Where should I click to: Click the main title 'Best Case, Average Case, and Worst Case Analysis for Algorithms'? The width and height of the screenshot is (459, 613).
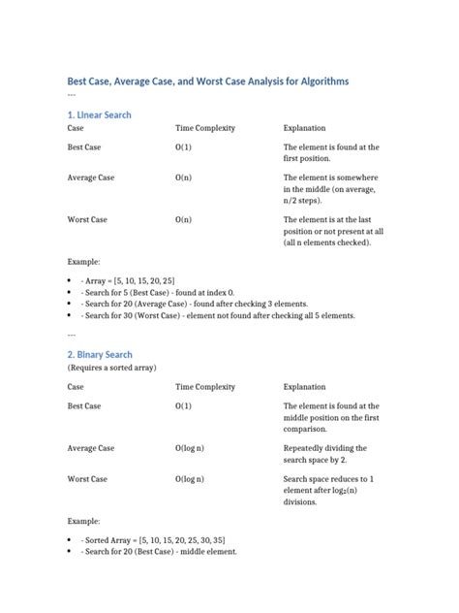click(207, 81)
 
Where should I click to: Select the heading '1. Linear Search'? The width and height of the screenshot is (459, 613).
click(99, 114)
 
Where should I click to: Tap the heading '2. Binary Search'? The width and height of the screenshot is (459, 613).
click(100, 355)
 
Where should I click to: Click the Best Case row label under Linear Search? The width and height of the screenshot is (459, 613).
click(87, 147)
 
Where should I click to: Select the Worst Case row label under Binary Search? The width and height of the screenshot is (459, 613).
click(87, 479)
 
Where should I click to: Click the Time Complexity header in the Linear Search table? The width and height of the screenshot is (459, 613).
click(205, 128)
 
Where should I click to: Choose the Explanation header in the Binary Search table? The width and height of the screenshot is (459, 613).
click(304, 387)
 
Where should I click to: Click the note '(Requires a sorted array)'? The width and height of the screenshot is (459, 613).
click(111, 369)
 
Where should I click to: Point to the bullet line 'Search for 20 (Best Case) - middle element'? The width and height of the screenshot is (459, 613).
click(159, 551)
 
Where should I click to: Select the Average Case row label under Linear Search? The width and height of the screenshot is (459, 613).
click(91, 178)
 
